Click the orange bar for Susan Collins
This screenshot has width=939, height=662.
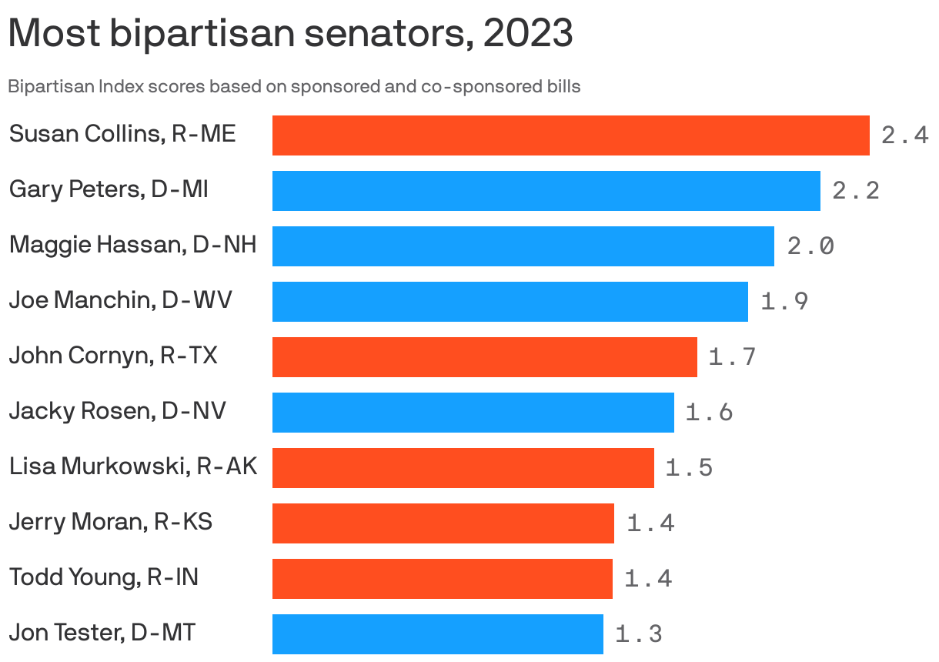[x=570, y=135]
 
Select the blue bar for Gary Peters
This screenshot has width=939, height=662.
[x=546, y=191]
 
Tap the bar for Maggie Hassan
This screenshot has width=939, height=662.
[x=523, y=246]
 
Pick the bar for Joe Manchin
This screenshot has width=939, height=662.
[x=510, y=302]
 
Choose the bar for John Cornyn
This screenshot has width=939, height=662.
[x=484, y=357]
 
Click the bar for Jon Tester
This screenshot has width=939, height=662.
[x=437, y=634]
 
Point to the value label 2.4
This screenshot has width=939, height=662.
[x=904, y=136]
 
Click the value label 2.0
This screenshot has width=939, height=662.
[x=810, y=246]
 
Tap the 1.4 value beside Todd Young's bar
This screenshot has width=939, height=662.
[x=648, y=578]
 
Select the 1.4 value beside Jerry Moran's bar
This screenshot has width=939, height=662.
[x=650, y=523]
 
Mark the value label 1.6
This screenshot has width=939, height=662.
[x=709, y=413]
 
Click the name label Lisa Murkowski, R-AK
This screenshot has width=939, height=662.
[x=133, y=466]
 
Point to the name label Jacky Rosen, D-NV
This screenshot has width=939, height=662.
[x=117, y=411]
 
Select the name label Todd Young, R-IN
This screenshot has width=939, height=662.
[x=103, y=577]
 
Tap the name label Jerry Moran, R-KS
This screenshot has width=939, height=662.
[x=110, y=522]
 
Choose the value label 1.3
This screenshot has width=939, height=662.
[x=638, y=634]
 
